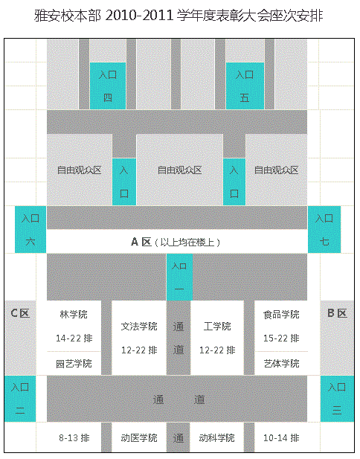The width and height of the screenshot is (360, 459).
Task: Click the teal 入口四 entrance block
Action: (108, 86)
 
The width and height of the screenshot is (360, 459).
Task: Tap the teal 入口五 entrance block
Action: (245, 86)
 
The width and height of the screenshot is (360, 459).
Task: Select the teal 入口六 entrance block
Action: (30, 229)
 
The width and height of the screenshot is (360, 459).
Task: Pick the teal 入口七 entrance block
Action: (324, 229)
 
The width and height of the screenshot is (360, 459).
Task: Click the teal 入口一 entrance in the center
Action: (179, 277)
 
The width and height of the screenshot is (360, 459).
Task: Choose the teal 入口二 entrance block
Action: (20, 399)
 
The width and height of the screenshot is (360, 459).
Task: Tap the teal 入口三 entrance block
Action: (337, 399)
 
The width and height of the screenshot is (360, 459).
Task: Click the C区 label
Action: (20, 313)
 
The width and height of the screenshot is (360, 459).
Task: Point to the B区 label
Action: (337, 313)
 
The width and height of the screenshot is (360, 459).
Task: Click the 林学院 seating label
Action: (74, 315)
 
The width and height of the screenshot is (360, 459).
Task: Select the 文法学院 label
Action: (139, 327)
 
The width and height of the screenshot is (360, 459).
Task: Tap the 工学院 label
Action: (217, 327)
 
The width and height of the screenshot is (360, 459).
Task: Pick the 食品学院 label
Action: (281, 315)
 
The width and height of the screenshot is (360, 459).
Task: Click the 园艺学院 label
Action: (74, 364)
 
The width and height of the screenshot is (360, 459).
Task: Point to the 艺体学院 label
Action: (281, 364)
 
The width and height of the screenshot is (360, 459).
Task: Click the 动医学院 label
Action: (139, 438)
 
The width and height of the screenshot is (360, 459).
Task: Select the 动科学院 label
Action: (217, 438)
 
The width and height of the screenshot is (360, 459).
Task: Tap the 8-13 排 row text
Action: (74, 438)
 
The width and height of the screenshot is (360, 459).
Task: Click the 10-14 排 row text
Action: (281, 438)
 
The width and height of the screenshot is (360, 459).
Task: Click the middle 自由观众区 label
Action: (180, 170)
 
